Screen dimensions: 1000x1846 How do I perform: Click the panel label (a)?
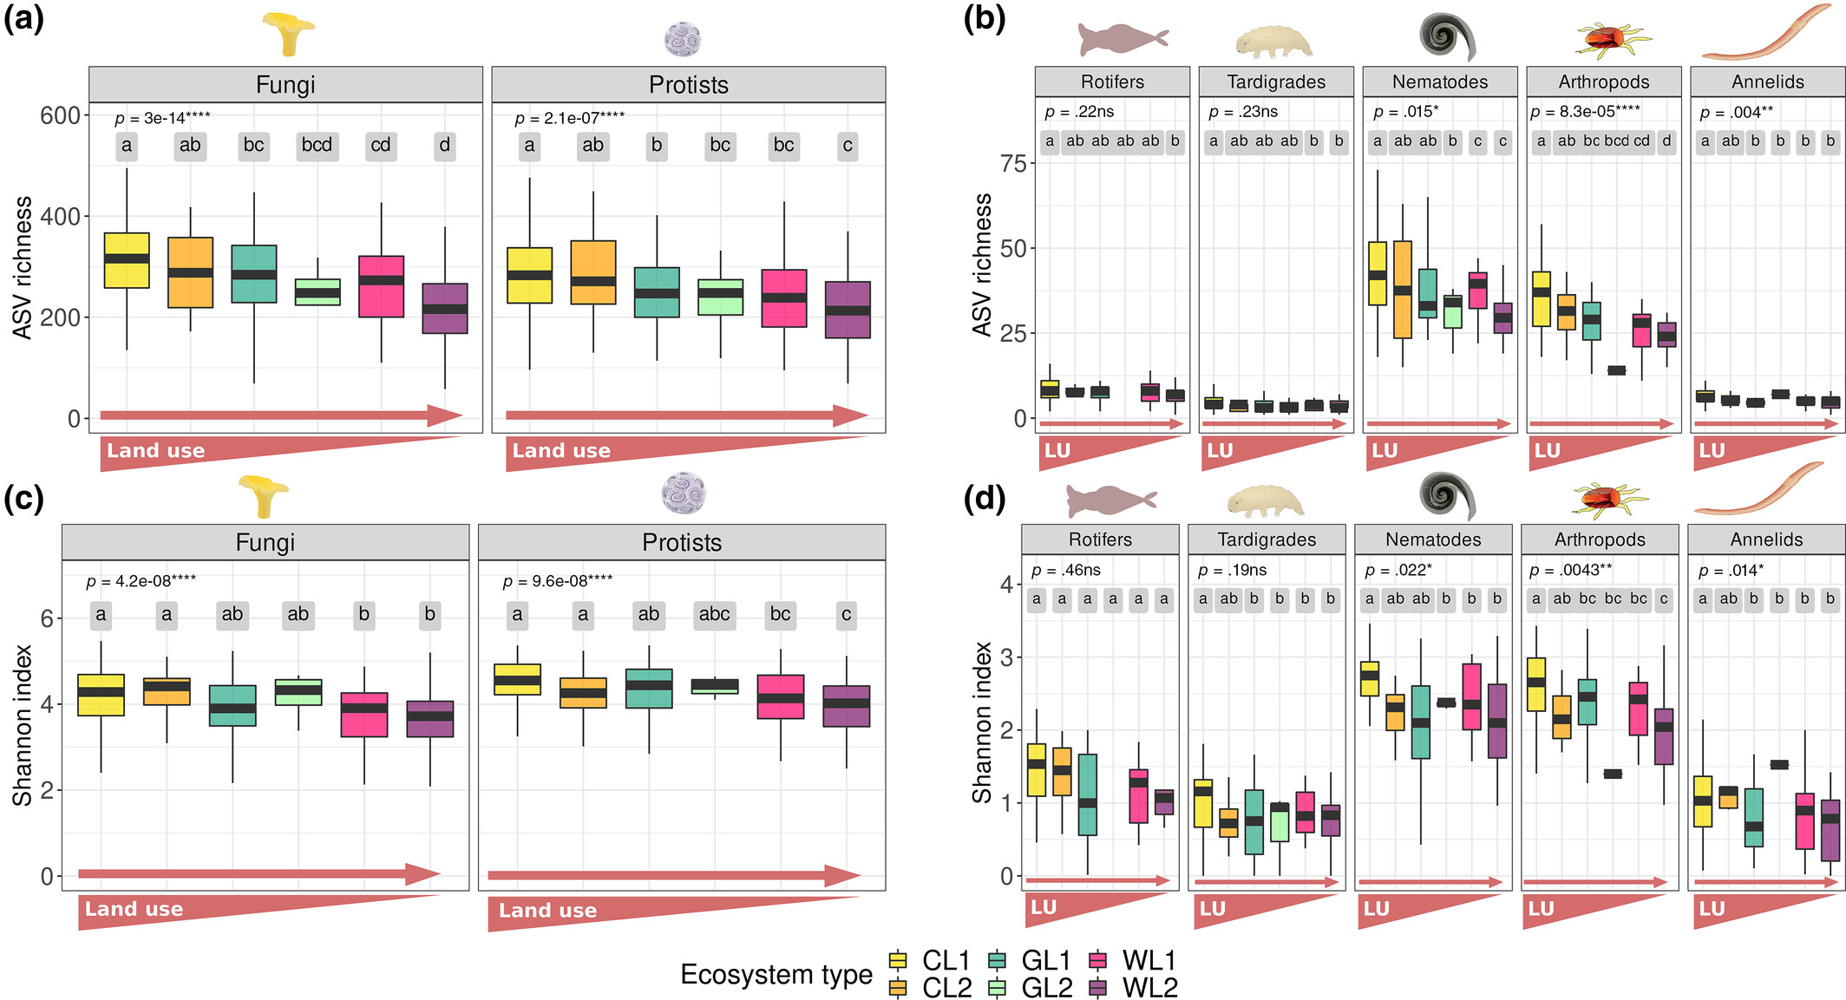click(x=23, y=17)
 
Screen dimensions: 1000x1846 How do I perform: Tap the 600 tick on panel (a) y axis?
click(x=60, y=115)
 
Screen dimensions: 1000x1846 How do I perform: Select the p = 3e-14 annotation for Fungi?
click(x=162, y=118)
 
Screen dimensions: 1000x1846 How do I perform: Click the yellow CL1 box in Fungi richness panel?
click(x=127, y=260)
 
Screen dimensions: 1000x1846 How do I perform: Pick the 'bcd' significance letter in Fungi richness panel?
click(x=317, y=145)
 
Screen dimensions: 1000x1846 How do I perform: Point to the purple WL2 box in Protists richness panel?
click(x=848, y=310)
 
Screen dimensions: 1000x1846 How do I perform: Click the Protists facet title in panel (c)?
click(x=682, y=542)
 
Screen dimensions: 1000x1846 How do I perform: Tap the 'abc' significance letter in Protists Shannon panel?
click(x=714, y=614)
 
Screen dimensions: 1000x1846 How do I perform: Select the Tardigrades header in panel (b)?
click(x=1276, y=82)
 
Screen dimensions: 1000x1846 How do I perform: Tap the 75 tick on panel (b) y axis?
click(x=1013, y=164)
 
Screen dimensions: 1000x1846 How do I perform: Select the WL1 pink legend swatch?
click(x=1098, y=960)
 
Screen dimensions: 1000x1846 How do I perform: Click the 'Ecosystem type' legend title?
click(x=776, y=974)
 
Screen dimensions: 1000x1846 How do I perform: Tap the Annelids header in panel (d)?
click(x=1766, y=539)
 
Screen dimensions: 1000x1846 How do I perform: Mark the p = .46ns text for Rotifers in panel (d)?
click(x=1065, y=570)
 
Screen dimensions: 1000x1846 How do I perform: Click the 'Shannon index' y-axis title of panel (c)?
click(x=23, y=724)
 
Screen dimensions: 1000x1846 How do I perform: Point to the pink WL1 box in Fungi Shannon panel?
click(x=364, y=715)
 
